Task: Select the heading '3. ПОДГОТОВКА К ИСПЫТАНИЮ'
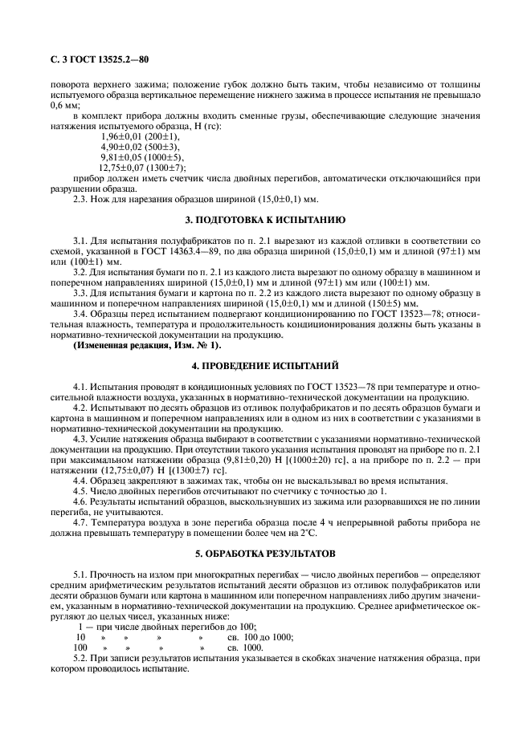[265, 219]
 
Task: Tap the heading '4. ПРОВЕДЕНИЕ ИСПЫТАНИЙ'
[265, 365]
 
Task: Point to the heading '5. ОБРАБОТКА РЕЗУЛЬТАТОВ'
[265, 554]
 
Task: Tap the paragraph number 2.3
[82, 200]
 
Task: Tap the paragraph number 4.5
[82, 490]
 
